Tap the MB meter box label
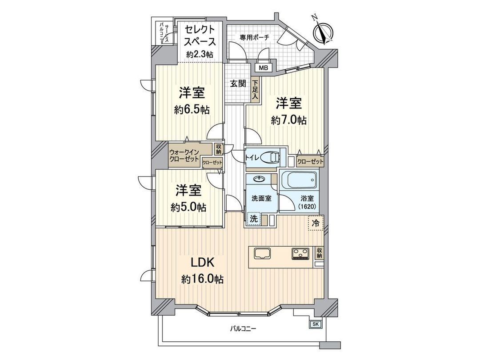(x=264, y=68)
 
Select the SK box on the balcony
(x=315, y=324)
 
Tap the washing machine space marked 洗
(x=253, y=219)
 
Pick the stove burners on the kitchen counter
(x=301, y=253)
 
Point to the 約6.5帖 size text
(x=192, y=110)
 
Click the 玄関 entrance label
(x=238, y=84)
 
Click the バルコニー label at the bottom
(x=243, y=329)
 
